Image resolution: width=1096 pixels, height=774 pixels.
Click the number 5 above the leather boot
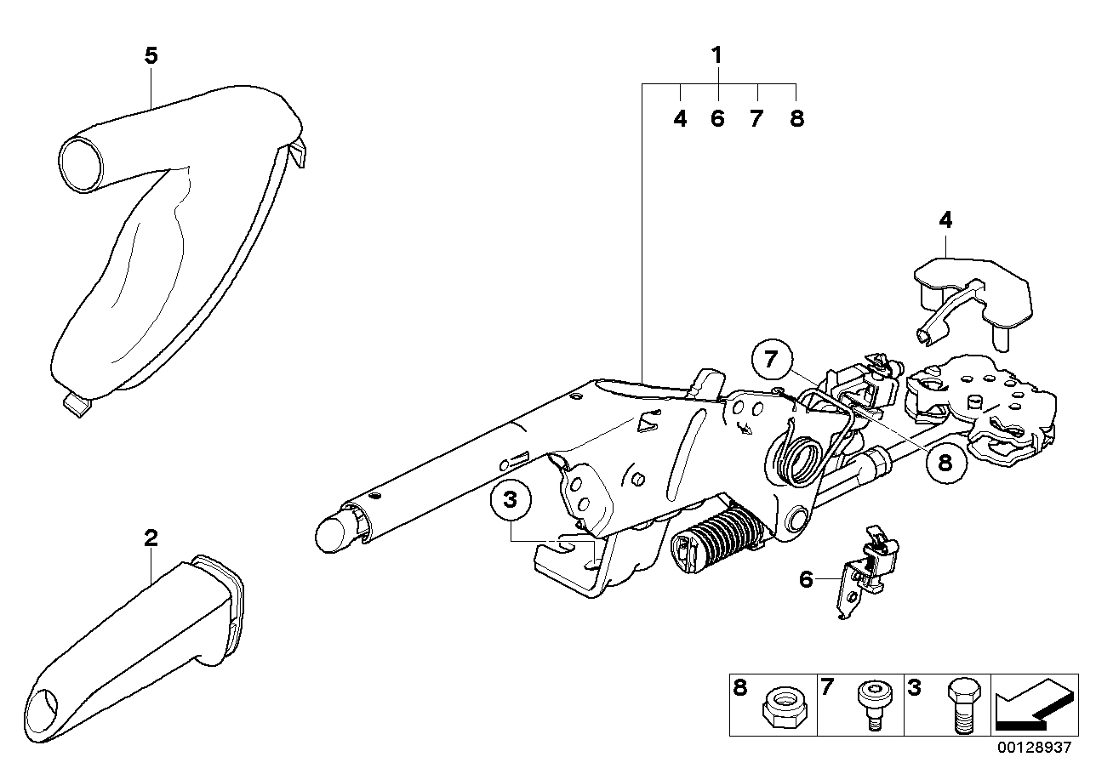tap(151, 56)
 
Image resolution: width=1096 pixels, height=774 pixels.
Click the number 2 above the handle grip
tap(151, 537)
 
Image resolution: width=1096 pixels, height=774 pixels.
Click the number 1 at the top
tap(716, 56)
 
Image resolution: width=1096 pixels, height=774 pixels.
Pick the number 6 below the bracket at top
tap(717, 118)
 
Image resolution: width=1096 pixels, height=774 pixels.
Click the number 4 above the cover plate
tap(945, 219)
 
